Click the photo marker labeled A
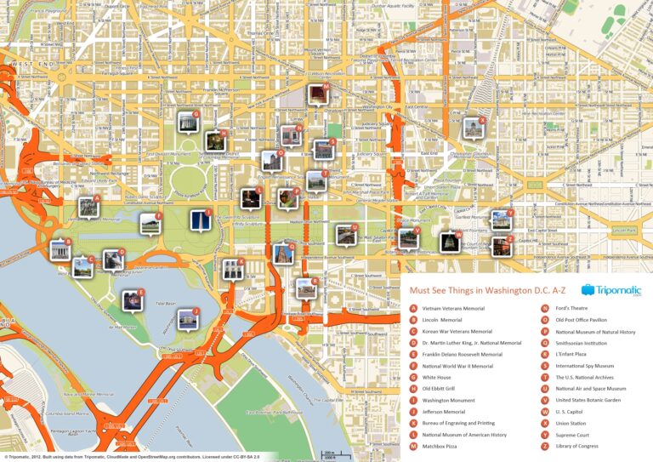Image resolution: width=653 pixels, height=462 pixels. pyautogui.click(x=87, y=206)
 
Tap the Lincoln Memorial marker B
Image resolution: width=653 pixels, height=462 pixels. pyautogui.click(x=60, y=250)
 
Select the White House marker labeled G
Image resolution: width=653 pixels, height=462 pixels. pyautogui.click(x=186, y=123)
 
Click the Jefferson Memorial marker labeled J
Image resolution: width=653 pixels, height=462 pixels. pyautogui.click(x=187, y=319)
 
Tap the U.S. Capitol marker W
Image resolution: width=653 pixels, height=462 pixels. pyautogui.click(x=448, y=241)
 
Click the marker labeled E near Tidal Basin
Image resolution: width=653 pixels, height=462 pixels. pyautogui.click(x=132, y=299)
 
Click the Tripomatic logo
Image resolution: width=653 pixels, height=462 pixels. pyautogui.click(x=611, y=291)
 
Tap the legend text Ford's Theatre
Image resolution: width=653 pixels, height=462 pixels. pyautogui.click(x=572, y=308)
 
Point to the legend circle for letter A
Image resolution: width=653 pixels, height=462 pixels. pyautogui.click(x=413, y=308)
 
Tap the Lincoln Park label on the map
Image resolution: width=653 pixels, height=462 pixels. pyautogui.click(x=625, y=230)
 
